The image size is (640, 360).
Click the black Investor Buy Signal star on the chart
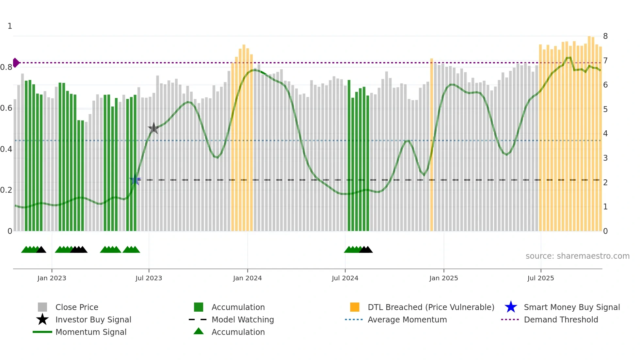click(153, 128)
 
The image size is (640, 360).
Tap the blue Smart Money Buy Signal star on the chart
click(135, 180)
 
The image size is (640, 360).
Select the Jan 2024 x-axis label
click(247, 278)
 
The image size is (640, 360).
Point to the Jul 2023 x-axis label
click(149, 278)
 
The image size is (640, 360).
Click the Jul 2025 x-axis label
click(540, 278)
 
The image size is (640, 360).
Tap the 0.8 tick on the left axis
click(6, 67)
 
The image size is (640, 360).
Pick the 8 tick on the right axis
click(605, 36)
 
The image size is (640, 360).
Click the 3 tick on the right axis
click(605, 158)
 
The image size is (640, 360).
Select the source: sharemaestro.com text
click(577, 256)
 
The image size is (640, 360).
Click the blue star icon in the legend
click(511, 307)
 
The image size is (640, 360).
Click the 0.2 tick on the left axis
click(6, 190)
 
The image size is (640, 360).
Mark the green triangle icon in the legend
click(199, 331)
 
